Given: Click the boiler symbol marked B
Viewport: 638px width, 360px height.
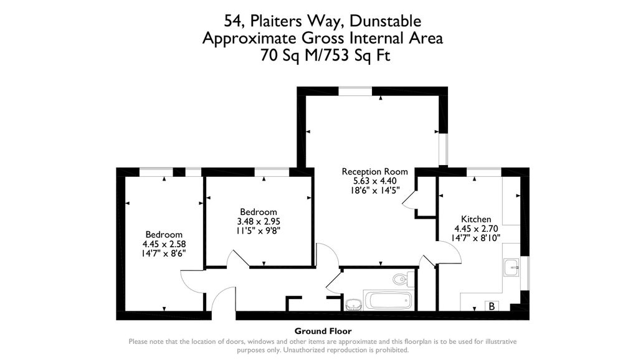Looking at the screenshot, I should tap(492, 306).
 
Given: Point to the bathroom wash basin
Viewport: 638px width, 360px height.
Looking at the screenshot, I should tap(354, 304).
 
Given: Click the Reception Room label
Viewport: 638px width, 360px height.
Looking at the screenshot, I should tap(374, 171).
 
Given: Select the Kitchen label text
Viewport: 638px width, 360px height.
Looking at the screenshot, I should tap(476, 219).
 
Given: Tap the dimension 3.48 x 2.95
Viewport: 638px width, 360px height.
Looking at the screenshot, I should tap(259, 222).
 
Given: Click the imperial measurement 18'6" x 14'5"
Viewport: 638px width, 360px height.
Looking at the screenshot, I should tap(374, 191).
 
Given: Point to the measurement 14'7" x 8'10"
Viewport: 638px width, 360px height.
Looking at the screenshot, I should tap(476, 238).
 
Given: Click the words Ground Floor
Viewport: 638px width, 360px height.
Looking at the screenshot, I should tap(323, 331).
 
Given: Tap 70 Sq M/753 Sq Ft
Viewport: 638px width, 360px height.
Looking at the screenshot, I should tap(323, 55).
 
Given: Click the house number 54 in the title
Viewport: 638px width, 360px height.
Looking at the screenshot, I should tap(232, 21).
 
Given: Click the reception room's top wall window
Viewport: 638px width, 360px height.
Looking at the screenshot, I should tap(355, 92).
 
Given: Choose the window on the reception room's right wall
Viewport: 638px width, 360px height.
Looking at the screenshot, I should tap(443, 149).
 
